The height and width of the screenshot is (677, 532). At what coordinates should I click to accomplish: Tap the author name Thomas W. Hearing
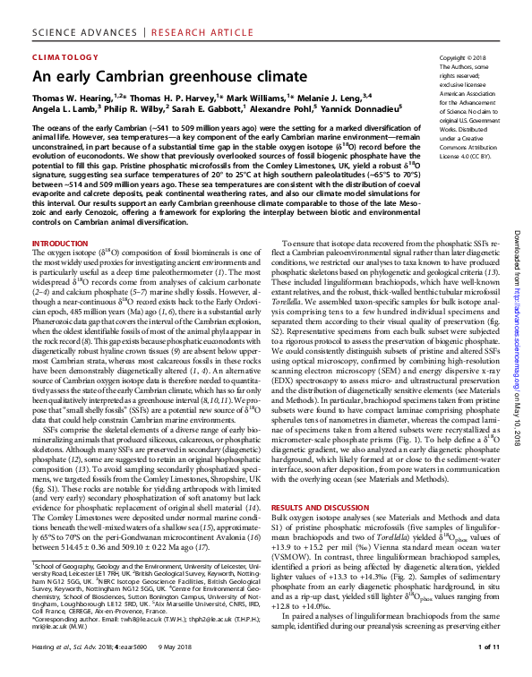click(72, 97)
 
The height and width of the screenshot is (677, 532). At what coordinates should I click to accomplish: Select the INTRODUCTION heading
click(60, 244)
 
